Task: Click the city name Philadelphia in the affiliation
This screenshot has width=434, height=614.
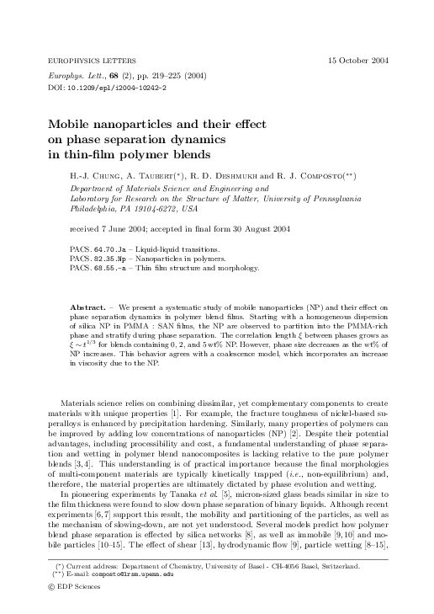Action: tap(95, 207)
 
